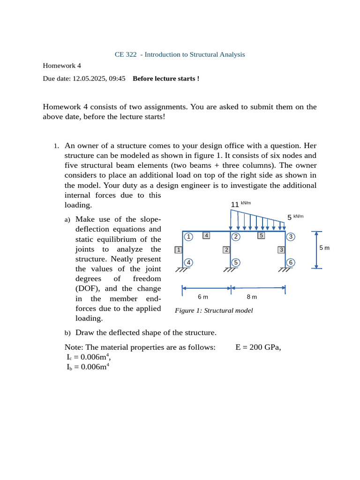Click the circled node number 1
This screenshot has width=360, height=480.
188,237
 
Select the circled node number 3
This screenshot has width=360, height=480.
291,237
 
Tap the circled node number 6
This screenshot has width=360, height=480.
291,262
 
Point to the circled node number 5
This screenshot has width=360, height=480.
236,262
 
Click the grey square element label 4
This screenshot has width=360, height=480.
206,235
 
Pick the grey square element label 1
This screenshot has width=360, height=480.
178,250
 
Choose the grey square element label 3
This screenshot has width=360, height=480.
281,250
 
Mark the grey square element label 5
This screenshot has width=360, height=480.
262,235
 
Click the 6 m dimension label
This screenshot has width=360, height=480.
202,297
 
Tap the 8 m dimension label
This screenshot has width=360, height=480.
252,297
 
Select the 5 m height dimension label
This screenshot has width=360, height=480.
324,247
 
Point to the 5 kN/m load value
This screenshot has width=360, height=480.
295,217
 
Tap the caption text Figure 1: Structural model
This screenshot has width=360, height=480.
214,310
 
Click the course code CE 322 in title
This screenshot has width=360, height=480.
126,54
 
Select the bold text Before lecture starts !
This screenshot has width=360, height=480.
166,79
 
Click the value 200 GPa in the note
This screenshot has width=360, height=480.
265,347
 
